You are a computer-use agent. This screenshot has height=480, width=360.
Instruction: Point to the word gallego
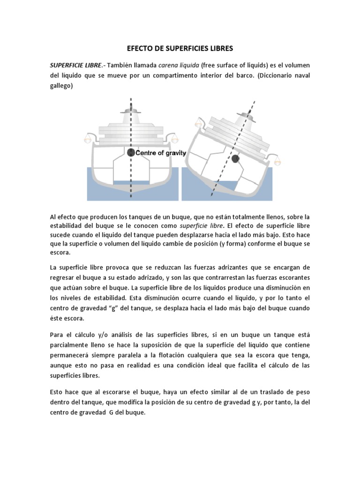(61, 86)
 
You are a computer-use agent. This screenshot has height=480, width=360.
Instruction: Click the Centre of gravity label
(161, 153)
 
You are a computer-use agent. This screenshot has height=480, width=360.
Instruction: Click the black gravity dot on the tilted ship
(235, 159)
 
